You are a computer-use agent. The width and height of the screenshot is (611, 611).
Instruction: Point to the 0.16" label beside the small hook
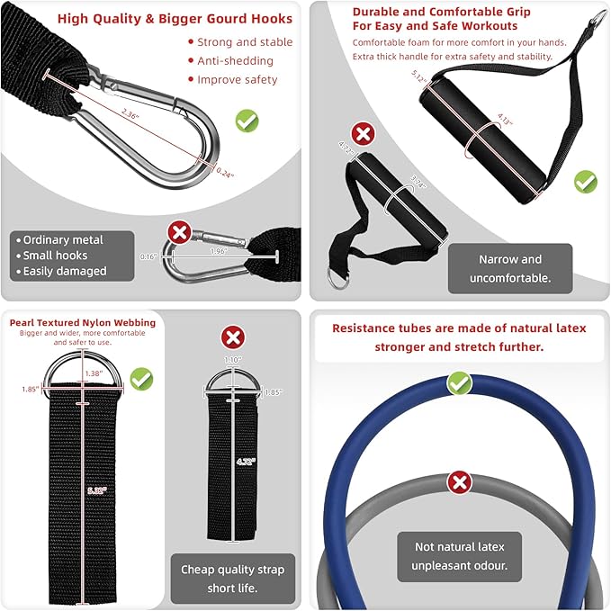click(x=148, y=256)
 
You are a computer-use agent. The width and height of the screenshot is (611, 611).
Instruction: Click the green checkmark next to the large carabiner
click(x=247, y=121)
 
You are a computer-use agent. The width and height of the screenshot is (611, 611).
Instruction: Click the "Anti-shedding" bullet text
click(x=236, y=61)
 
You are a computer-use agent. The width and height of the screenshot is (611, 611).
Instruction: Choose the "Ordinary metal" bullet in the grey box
click(x=63, y=240)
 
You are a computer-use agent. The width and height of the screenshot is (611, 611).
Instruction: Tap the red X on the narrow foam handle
click(x=363, y=135)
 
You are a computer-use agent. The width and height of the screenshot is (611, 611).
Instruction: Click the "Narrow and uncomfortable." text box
click(x=510, y=269)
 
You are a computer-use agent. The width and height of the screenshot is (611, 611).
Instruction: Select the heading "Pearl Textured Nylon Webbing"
click(x=82, y=322)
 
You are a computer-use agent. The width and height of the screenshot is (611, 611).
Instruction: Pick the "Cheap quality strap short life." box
click(x=233, y=578)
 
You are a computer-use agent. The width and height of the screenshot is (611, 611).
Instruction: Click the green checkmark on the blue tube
click(x=460, y=384)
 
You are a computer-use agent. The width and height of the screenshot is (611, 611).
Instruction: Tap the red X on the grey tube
click(x=460, y=482)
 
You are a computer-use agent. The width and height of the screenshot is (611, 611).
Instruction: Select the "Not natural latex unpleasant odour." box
click(x=460, y=556)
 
